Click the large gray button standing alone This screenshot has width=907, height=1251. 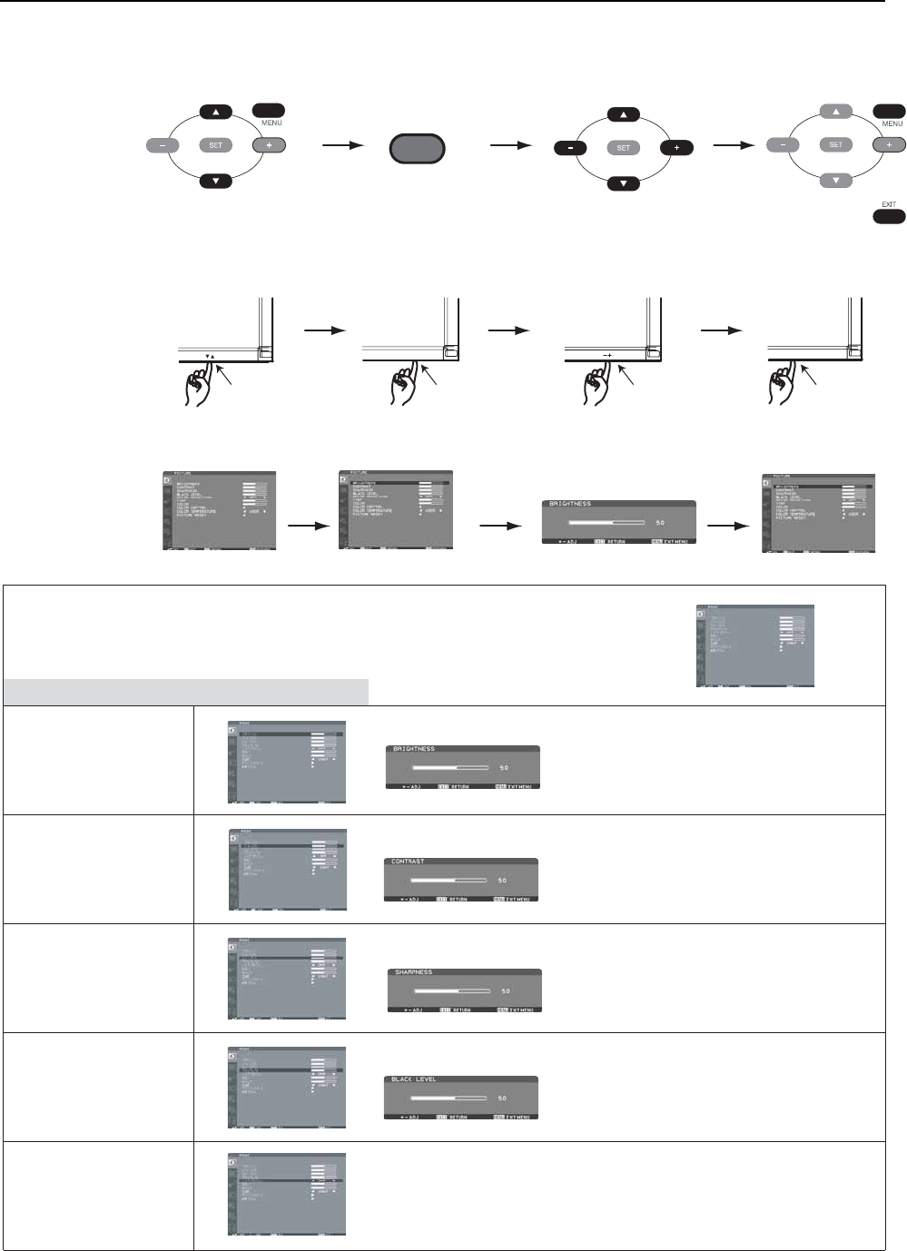coord(418,149)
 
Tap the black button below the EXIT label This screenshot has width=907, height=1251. coord(889,217)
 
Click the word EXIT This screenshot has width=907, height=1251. coord(889,204)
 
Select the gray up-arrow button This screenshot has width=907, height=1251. coord(835,111)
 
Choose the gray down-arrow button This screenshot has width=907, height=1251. coord(835,180)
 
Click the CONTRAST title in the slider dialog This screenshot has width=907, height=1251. coord(408,862)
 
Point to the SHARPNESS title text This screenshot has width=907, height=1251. coord(413,972)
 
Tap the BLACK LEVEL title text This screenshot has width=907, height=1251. coord(414,1079)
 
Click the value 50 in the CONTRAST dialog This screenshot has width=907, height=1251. coord(502,881)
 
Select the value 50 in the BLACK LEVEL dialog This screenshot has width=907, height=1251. coord(502,1098)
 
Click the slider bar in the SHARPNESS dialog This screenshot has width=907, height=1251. coord(452,991)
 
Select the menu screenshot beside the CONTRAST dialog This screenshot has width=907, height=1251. coord(287,869)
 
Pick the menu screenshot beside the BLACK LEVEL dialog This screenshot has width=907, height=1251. coord(287,1087)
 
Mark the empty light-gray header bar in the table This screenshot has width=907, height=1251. coord(186,692)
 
